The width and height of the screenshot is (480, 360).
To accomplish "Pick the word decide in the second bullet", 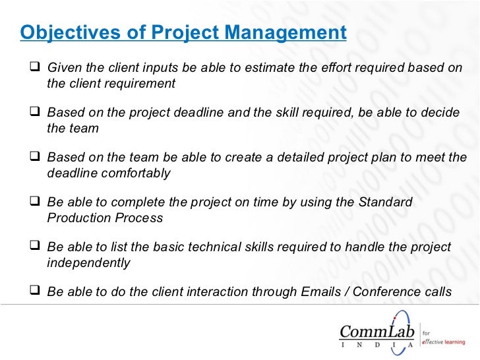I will tap(440, 113).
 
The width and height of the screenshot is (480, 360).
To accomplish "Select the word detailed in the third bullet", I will tap(280, 158).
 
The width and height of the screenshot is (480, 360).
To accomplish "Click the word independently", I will tap(89, 263).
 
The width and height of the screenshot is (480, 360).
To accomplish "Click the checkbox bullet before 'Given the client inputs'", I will tap(36, 68).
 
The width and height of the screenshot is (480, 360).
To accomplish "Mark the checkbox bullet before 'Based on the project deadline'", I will tap(36, 113).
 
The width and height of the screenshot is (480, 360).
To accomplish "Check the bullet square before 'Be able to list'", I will tap(36, 248).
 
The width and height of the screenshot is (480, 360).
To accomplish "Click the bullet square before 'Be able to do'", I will tap(36, 292).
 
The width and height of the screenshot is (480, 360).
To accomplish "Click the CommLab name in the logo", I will tap(376, 329).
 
